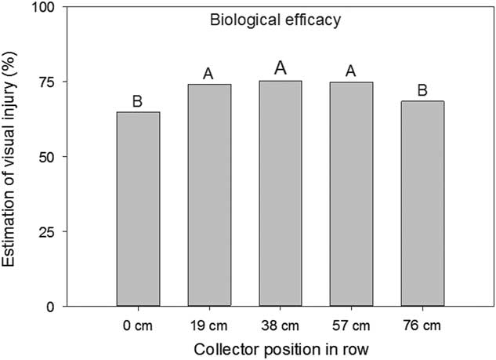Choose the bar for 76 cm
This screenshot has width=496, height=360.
[422, 203]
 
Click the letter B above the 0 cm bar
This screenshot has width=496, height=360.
[138, 100]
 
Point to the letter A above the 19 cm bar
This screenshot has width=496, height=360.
[209, 73]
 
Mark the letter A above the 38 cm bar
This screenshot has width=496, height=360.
[280, 69]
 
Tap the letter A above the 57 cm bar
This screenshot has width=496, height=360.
[351, 71]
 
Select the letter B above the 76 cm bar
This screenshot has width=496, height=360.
[422, 90]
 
